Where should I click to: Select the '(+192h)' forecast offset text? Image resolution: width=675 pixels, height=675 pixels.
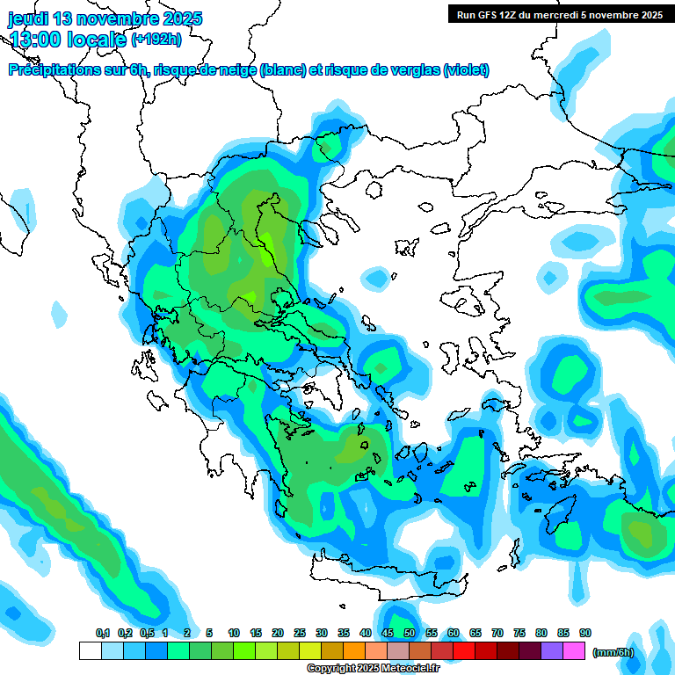click(x=156, y=40)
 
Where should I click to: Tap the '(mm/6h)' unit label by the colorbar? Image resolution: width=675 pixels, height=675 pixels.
click(x=613, y=652)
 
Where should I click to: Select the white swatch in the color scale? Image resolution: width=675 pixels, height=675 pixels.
click(x=90, y=651)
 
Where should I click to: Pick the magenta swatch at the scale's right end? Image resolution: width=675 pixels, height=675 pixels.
click(x=574, y=651)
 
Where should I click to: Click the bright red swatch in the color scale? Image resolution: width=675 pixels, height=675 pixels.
click(x=464, y=651)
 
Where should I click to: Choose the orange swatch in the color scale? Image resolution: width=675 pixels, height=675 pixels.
click(x=354, y=651)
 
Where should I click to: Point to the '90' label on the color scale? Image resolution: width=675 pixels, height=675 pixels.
click(x=585, y=633)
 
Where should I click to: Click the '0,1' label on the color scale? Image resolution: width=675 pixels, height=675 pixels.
click(x=102, y=633)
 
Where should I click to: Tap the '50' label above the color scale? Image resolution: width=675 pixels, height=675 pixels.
click(x=410, y=633)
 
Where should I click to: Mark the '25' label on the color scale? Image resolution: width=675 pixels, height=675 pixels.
click(x=300, y=633)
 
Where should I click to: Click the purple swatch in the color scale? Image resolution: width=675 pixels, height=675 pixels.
click(x=552, y=651)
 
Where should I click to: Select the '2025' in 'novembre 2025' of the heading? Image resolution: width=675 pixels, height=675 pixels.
click(x=182, y=18)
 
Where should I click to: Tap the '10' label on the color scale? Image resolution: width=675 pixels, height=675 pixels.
click(x=234, y=633)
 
